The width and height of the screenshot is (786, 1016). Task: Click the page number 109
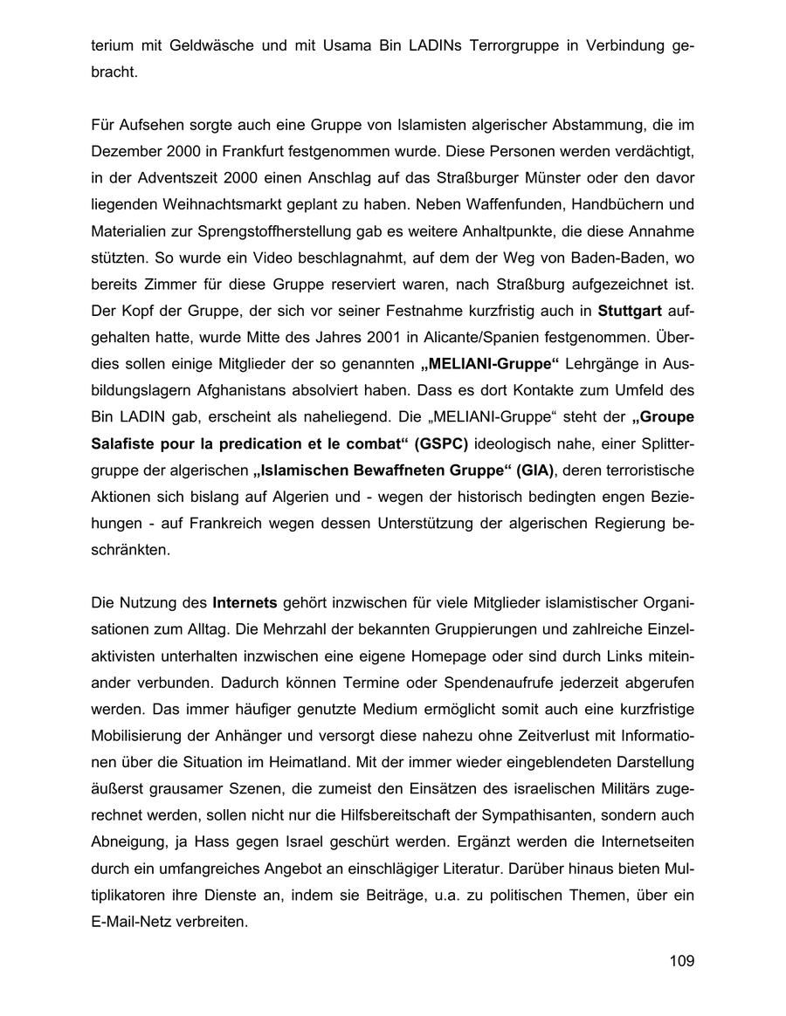tap(681, 961)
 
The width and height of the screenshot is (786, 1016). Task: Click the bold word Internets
tap(245, 603)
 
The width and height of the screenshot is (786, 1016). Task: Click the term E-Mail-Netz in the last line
tap(133, 921)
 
